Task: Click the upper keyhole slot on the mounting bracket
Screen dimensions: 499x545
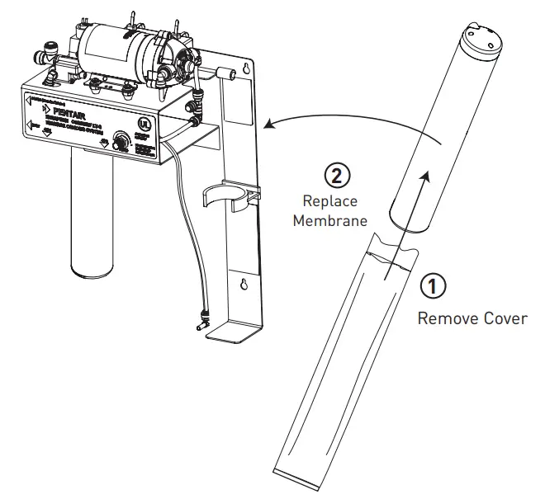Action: click(246, 72)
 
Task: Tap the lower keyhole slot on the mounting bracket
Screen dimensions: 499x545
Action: click(243, 286)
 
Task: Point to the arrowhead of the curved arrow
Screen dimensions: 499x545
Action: click(268, 126)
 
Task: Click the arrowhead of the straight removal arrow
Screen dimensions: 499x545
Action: click(427, 175)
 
